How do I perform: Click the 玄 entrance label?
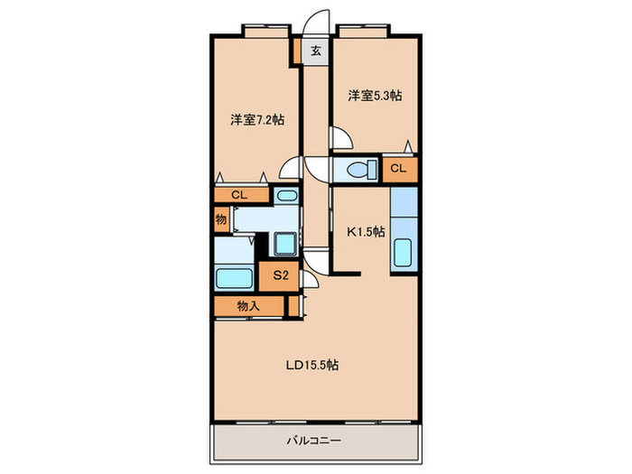316,51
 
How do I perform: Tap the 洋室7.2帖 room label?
257,120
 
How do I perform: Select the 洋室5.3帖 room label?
375,96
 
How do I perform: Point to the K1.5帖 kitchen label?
366,232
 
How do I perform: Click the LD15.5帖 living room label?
312,365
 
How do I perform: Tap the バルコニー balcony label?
314,441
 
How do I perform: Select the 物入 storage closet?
249,306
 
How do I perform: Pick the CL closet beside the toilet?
399,169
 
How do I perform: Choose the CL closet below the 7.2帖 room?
241,195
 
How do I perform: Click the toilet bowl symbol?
361,170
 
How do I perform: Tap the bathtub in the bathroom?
234,278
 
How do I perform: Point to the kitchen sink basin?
403,253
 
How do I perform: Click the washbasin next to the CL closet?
287,196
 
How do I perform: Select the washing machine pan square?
286,245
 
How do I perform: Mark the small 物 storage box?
221,219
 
